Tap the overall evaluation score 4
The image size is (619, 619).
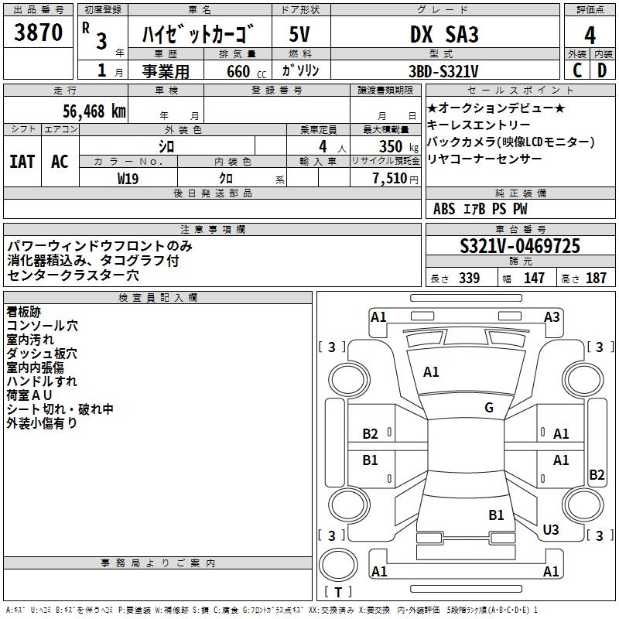pos(590,36)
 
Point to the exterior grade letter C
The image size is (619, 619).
pos(577,70)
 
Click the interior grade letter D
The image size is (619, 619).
pos(602,70)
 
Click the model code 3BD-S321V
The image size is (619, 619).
pos(443,70)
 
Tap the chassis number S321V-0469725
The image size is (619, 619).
pos(520,247)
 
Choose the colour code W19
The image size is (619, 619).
pos(128,178)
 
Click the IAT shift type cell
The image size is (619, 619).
pos(22,161)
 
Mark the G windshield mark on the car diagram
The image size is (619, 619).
pos(488,408)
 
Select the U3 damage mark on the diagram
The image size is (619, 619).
pos(550,529)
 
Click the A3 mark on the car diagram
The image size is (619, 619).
pos(552,316)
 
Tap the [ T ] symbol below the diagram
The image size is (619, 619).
pos(338,592)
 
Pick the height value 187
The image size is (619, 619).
pos(596,278)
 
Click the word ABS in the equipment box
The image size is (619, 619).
pos(444,208)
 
